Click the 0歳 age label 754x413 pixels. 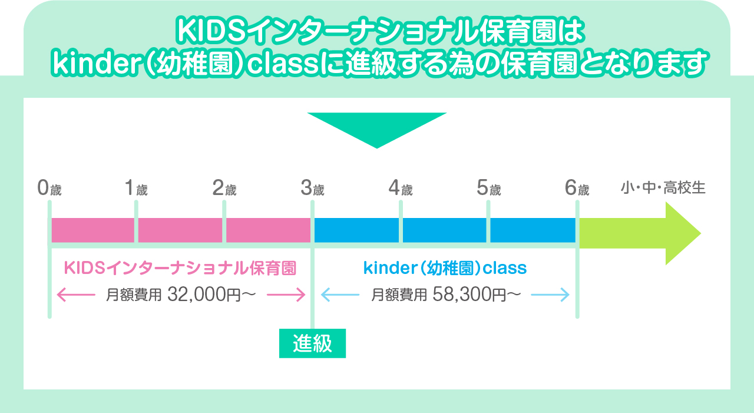click(x=49, y=188)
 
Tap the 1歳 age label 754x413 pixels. click(x=136, y=188)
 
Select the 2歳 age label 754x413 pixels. click(x=224, y=188)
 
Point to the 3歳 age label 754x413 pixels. click(x=312, y=188)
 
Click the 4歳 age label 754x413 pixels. click(x=401, y=188)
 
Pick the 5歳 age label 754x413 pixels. click(x=489, y=188)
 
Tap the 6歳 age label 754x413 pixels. click(x=577, y=188)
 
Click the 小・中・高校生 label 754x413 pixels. click(x=663, y=188)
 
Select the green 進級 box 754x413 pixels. click(x=312, y=343)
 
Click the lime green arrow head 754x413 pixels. click(x=682, y=233)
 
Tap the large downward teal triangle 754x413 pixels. click(x=377, y=128)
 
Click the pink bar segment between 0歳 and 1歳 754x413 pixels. click(x=93, y=230)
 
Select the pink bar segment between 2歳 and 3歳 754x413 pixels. click(x=268, y=230)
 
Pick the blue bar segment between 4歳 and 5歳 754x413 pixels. click(x=444, y=230)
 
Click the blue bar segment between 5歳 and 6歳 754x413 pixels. click(x=533, y=230)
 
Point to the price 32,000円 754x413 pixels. click(x=204, y=295)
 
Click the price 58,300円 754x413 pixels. click(x=469, y=295)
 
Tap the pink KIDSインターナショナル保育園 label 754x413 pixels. click(x=180, y=268)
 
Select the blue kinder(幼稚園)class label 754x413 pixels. click(x=445, y=268)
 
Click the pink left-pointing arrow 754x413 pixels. click(x=76, y=295)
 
